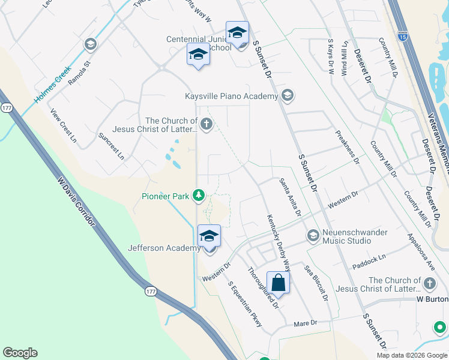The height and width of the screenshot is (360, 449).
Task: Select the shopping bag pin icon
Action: [278, 281]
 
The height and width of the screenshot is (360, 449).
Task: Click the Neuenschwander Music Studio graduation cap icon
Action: [313, 235]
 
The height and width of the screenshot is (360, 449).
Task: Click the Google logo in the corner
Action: [20, 353]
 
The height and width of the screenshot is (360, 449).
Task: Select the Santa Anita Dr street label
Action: [290, 197]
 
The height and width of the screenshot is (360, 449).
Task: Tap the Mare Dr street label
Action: [305, 323]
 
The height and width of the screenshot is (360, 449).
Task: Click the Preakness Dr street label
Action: [347, 148]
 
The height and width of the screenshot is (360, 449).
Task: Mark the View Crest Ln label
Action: [63, 125]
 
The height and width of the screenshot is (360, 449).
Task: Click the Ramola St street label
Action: [79, 71]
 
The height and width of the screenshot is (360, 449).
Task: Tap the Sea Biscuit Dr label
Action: [316, 283]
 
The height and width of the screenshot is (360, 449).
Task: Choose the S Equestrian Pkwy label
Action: [245, 304]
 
